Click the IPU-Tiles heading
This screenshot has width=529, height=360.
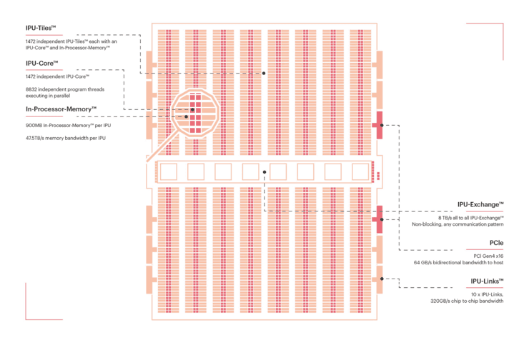click(41, 28)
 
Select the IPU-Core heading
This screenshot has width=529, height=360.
click(42, 64)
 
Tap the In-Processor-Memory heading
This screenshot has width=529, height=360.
click(61, 109)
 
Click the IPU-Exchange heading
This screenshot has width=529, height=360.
click(480, 204)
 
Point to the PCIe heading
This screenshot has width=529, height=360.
click(496, 243)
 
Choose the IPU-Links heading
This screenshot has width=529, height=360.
click(487, 281)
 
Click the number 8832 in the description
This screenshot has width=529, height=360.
click(31, 89)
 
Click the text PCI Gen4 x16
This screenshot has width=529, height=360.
click(488, 256)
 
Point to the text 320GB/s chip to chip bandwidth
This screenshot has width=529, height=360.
click(467, 301)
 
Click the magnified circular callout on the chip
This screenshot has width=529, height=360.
click(195, 113)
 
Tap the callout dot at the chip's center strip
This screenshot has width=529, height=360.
click(264, 172)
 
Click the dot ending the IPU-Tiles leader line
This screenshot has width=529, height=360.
click(264, 73)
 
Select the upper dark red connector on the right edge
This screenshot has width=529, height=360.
click(379, 125)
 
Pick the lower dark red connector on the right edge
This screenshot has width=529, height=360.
click(379, 219)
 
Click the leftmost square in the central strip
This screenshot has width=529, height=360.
click(169, 171)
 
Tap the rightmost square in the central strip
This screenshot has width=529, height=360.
click(360, 171)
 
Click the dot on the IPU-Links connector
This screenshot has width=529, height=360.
click(382, 279)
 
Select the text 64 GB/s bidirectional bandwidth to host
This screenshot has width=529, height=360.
click(458, 263)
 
